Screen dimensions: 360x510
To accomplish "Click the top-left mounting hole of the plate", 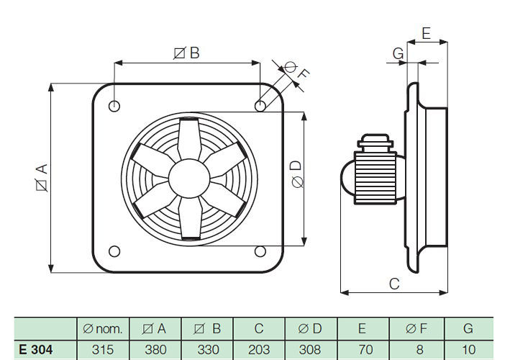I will (x=114, y=106).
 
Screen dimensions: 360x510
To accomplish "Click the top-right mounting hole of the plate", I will (x=260, y=106).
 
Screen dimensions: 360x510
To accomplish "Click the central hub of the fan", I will (x=187, y=178).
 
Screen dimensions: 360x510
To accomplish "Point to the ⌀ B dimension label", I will (x=186, y=53).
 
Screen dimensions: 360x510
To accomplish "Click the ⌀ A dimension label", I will (x=42, y=178).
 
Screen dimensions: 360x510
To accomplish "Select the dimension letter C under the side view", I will (x=394, y=284).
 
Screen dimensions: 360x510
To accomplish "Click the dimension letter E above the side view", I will (x=426, y=33).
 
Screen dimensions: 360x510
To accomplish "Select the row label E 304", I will (x=36, y=349).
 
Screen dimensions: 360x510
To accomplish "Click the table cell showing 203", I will (x=259, y=349).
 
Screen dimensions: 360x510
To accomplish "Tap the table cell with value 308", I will (x=311, y=349).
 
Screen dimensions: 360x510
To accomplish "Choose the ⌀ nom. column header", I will (x=103, y=329).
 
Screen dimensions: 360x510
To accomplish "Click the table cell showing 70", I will (x=363, y=349).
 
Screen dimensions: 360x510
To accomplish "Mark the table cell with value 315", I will (x=103, y=349).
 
